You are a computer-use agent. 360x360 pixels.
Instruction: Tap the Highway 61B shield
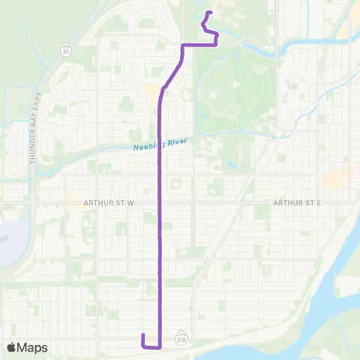tap(181, 339)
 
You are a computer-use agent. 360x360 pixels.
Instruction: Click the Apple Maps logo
tap(27, 347)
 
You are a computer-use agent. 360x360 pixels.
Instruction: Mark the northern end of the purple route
tap(208, 13)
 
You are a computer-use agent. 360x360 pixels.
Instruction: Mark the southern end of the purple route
tap(142, 334)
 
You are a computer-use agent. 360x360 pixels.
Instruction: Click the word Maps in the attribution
tap(33, 347)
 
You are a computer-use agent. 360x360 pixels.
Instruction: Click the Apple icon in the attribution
tap(12, 346)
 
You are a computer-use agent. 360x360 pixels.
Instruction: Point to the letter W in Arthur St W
tap(129, 202)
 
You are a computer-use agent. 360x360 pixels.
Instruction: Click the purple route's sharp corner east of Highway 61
tap(184, 46)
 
